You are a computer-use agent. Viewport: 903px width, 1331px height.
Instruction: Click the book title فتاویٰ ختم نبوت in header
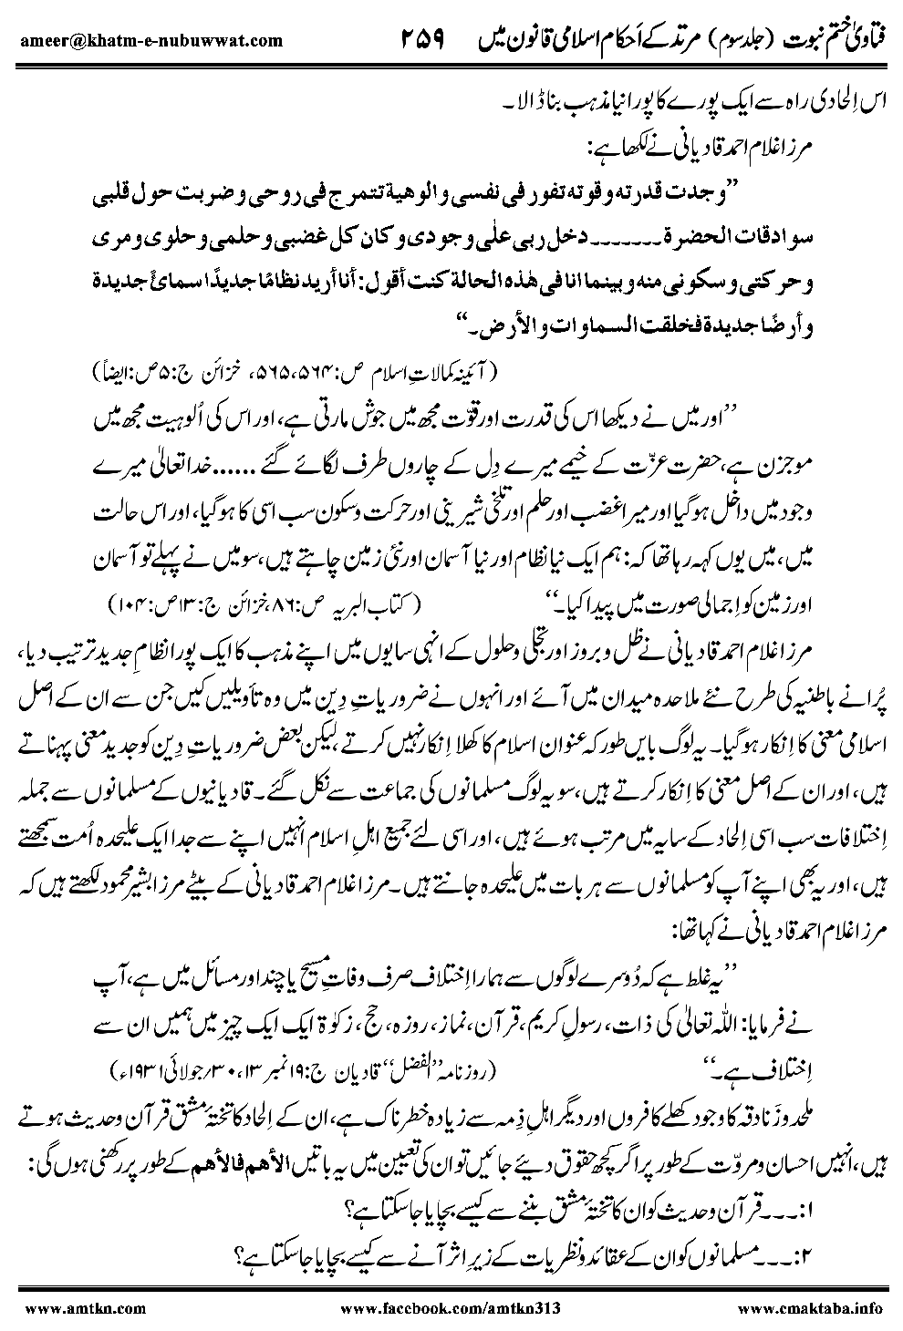click(835, 39)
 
